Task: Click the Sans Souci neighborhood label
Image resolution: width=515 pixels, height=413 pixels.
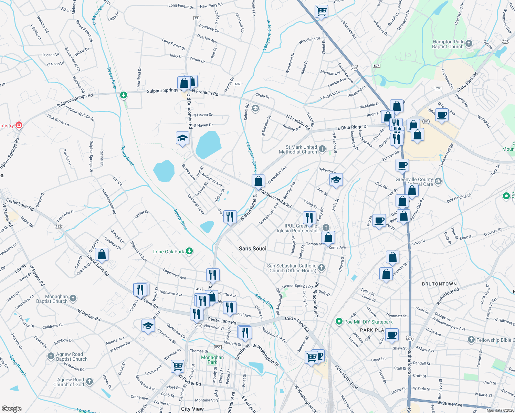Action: tap(252, 248)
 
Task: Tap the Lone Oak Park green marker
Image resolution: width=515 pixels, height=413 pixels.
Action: tap(189, 251)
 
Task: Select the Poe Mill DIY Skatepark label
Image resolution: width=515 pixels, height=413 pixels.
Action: tap(368, 322)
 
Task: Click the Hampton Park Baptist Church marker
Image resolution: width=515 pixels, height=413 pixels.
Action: tap(469, 44)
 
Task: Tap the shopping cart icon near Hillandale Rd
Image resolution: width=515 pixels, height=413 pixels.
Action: tap(321, 11)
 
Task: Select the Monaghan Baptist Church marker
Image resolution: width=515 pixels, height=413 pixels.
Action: tap(73, 298)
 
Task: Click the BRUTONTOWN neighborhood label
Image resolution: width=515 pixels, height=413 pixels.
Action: tap(439, 284)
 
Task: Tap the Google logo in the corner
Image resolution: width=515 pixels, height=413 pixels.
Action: tap(11, 409)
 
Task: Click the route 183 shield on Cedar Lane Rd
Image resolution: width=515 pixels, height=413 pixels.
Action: tap(58, 226)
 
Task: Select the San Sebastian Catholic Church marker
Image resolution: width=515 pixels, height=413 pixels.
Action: tap(321, 267)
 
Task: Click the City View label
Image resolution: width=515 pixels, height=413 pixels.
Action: tap(192, 409)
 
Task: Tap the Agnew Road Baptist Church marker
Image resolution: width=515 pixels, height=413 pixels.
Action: tap(51, 356)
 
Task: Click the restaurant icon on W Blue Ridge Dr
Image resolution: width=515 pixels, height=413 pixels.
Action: tap(230, 216)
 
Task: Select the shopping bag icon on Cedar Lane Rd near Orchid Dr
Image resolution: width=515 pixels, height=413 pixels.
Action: tap(102, 254)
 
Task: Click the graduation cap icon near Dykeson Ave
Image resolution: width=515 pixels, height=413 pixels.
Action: tap(336, 180)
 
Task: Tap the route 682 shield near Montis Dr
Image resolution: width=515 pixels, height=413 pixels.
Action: tap(238, 84)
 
